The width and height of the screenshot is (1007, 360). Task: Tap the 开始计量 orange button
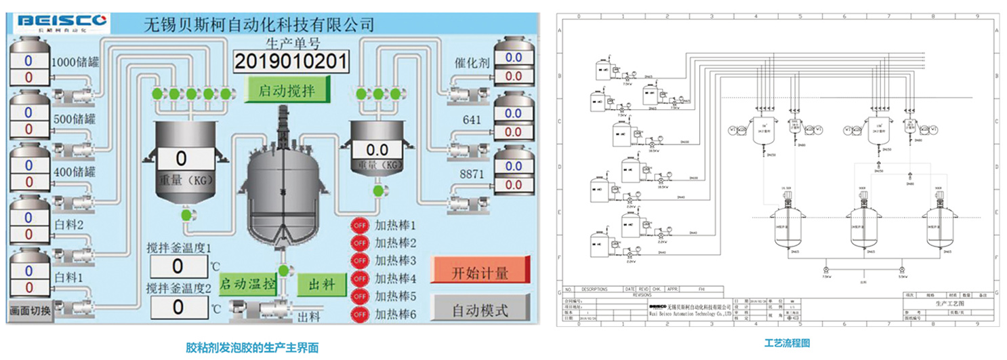[x=480, y=273]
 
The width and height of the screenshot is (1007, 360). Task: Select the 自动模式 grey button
[x=480, y=311]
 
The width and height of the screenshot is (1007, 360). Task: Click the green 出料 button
[x=322, y=283]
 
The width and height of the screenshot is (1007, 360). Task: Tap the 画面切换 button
[x=30, y=311]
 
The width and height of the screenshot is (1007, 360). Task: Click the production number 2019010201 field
[x=291, y=61]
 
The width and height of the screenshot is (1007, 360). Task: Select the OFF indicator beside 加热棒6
[x=358, y=314]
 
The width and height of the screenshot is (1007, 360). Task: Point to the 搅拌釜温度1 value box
[x=178, y=266]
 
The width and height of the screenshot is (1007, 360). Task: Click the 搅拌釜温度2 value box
[x=178, y=306]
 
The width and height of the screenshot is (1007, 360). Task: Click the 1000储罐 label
[x=76, y=63]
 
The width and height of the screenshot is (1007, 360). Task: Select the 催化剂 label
[x=472, y=63]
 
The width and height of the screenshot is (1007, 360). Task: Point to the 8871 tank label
[x=472, y=174]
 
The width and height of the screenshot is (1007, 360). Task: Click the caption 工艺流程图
[x=787, y=344]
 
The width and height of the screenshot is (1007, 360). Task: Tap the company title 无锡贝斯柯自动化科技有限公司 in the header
[x=259, y=25]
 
